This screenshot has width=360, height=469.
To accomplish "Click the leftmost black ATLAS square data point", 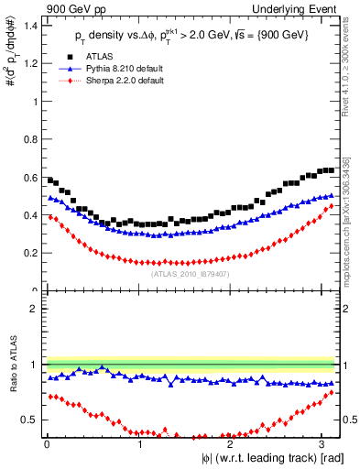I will coord(50,180).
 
